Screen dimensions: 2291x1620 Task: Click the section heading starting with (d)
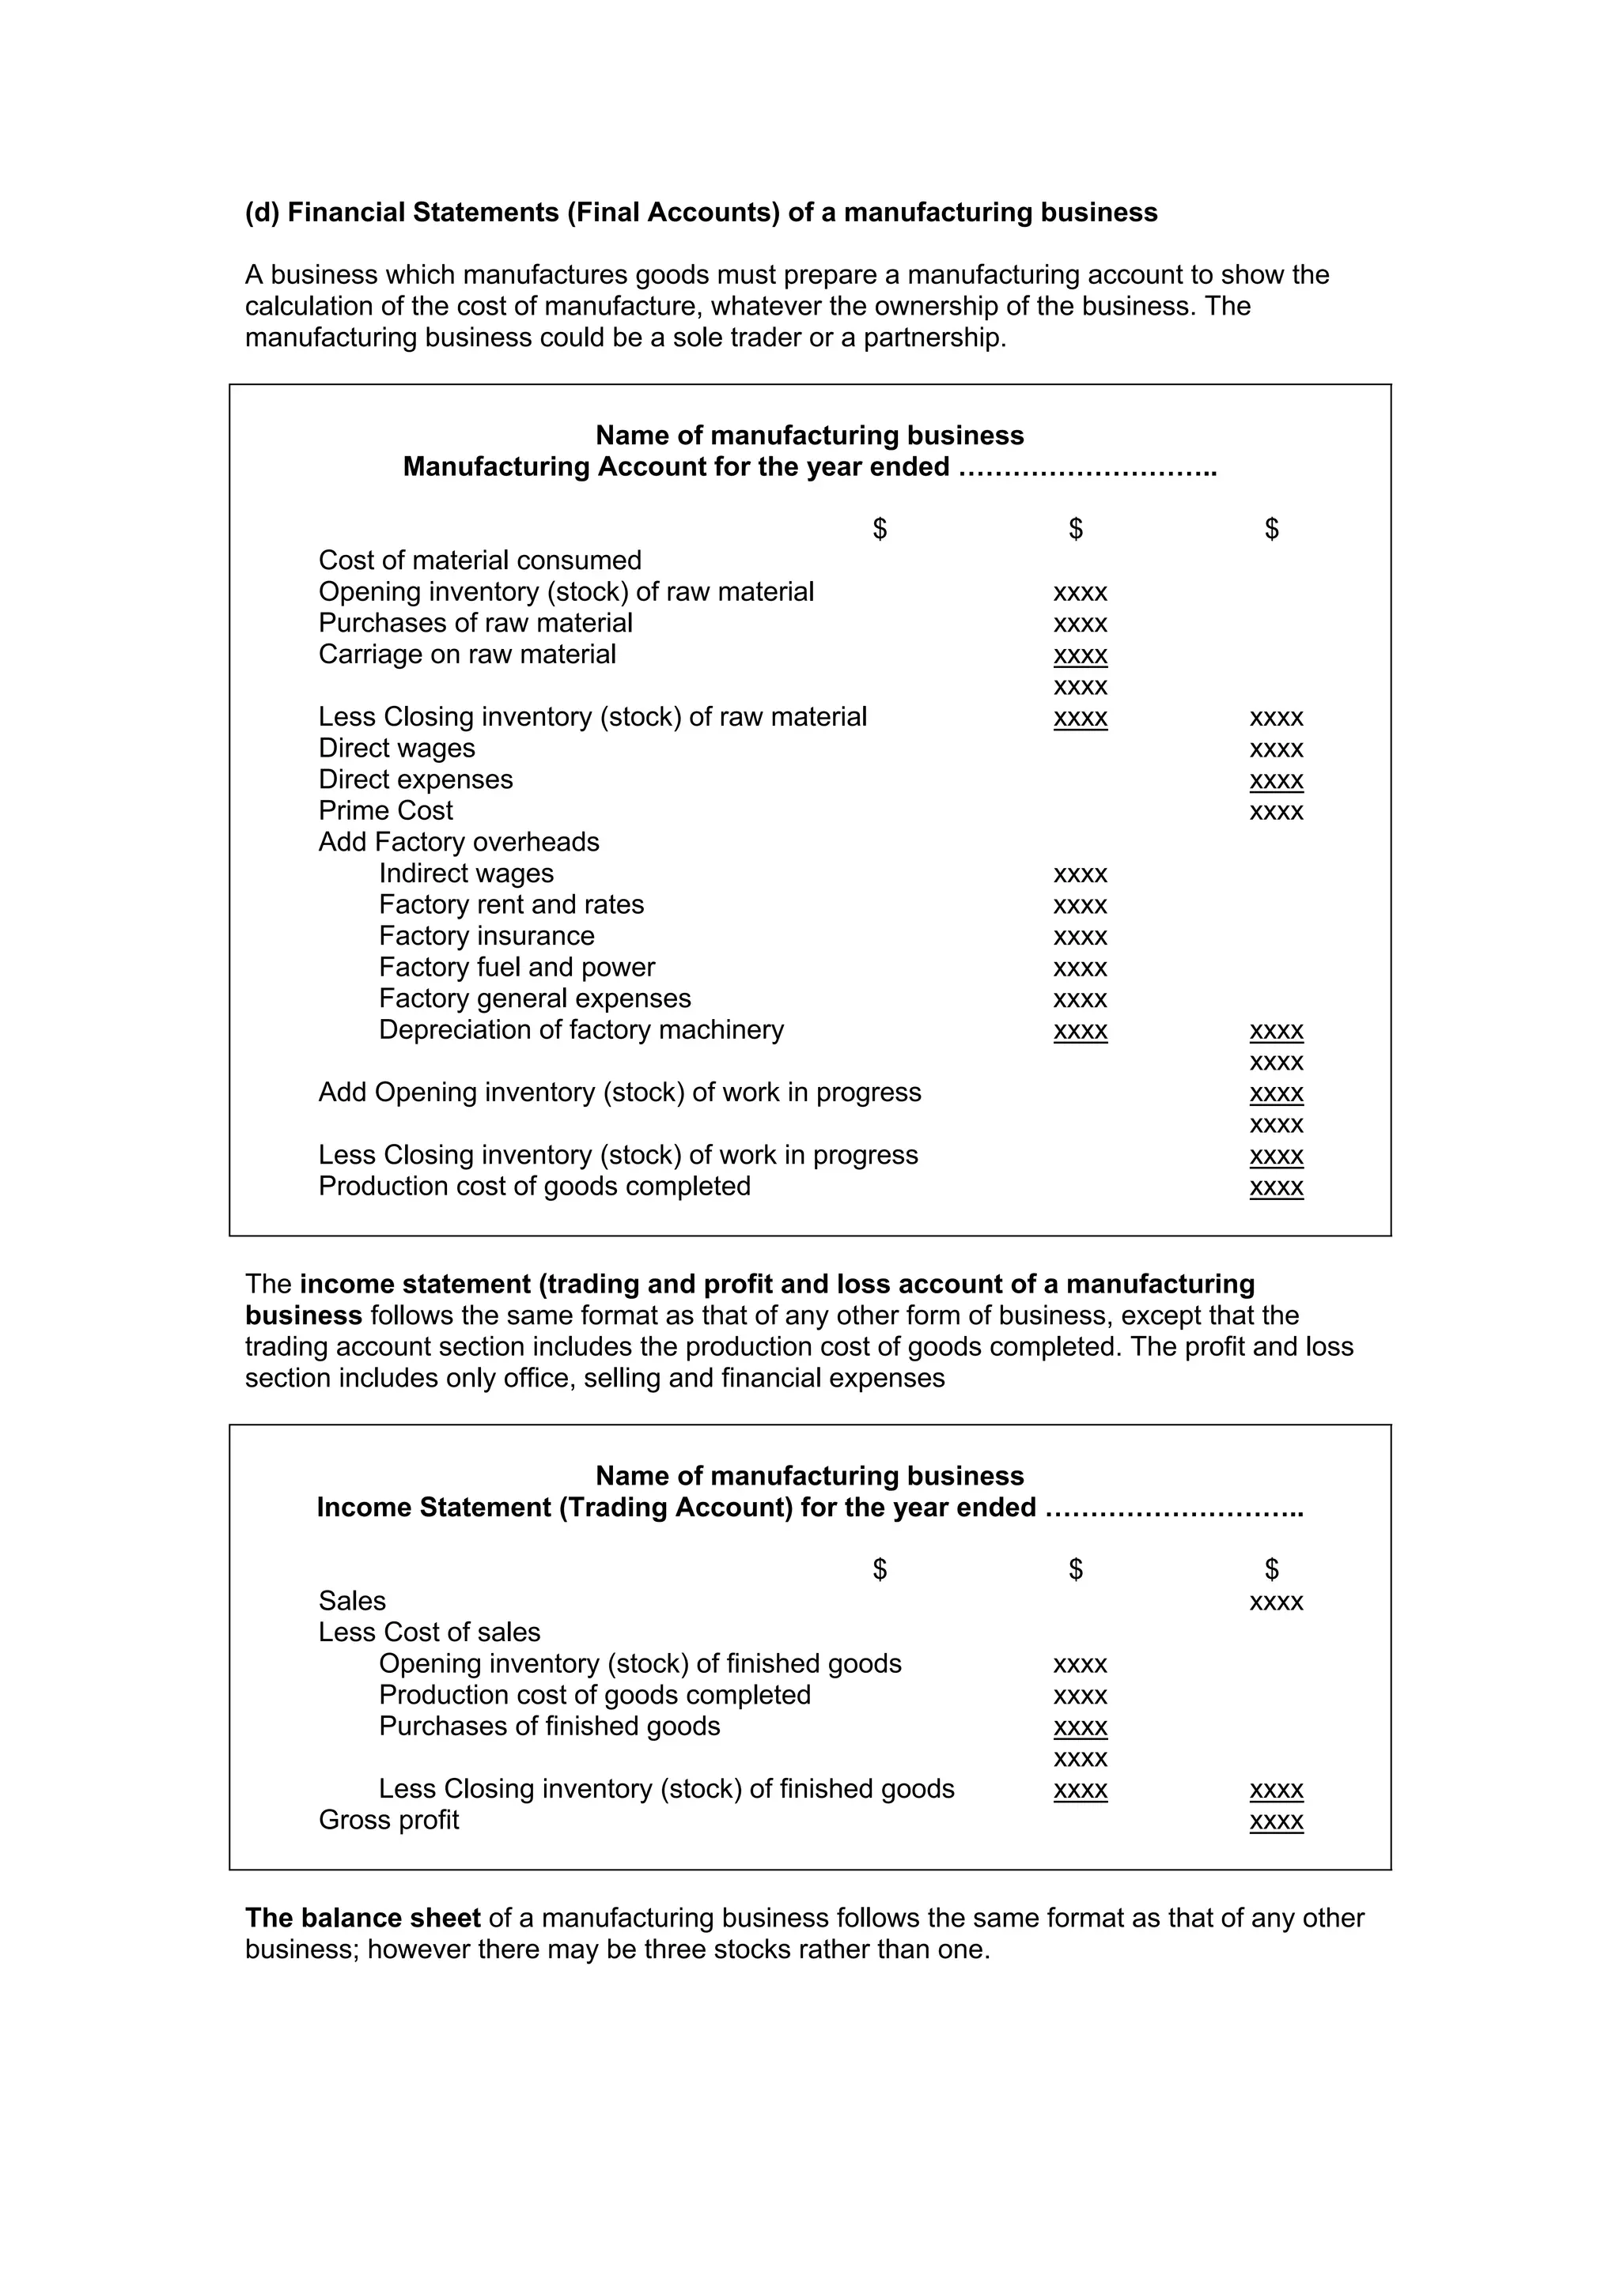coord(701,213)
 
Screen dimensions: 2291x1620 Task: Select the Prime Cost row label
coord(385,810)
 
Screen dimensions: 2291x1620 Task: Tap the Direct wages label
coord(396,749)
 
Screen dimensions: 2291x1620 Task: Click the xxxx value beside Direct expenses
coord(1276,780)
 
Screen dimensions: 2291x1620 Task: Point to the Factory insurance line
coord(486,936)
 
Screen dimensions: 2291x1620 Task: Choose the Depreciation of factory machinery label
coord(581,1030)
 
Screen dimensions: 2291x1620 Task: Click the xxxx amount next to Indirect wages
coord(1080,874)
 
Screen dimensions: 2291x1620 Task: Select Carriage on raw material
coord(467,655)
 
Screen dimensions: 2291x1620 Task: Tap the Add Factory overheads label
coord(458,842)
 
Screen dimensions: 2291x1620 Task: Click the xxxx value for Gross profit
coord(1276,1821)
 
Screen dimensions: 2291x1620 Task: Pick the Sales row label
coord(351,1602)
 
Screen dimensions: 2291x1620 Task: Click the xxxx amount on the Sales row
coord(1276,1602)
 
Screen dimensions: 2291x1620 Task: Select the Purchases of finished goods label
coord(549,1727)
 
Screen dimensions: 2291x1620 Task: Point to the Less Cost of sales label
coord(430,1632)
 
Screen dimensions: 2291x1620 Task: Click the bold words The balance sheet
coord(362,1918)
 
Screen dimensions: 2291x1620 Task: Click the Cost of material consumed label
coord(479,560)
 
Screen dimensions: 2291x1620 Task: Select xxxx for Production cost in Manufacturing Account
coord(1276,1187)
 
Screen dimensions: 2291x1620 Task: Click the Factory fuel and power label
coord(516,968)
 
